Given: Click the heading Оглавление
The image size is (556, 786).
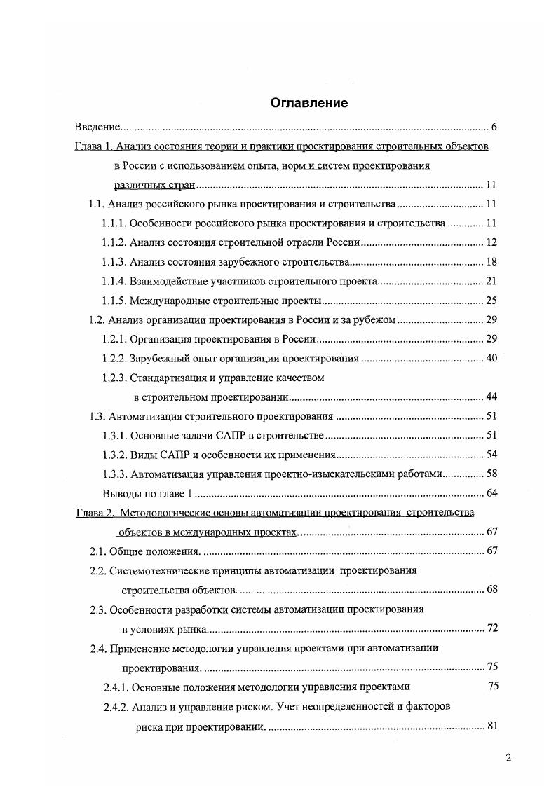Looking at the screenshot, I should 309,103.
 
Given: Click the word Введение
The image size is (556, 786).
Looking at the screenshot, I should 97,127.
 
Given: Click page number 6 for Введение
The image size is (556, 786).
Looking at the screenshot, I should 494,127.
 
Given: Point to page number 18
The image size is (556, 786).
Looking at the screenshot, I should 491,262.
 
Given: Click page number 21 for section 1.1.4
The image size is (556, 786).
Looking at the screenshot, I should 491,282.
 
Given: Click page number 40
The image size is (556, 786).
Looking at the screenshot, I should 491,359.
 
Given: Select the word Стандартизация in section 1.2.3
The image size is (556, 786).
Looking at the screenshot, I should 167,378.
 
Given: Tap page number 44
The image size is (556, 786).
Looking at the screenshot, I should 491,397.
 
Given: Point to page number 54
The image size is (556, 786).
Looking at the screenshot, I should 491,455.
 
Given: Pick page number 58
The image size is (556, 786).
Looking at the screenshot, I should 491,474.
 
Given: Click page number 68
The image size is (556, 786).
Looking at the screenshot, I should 491,588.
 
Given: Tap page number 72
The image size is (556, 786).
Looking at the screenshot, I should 491,628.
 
